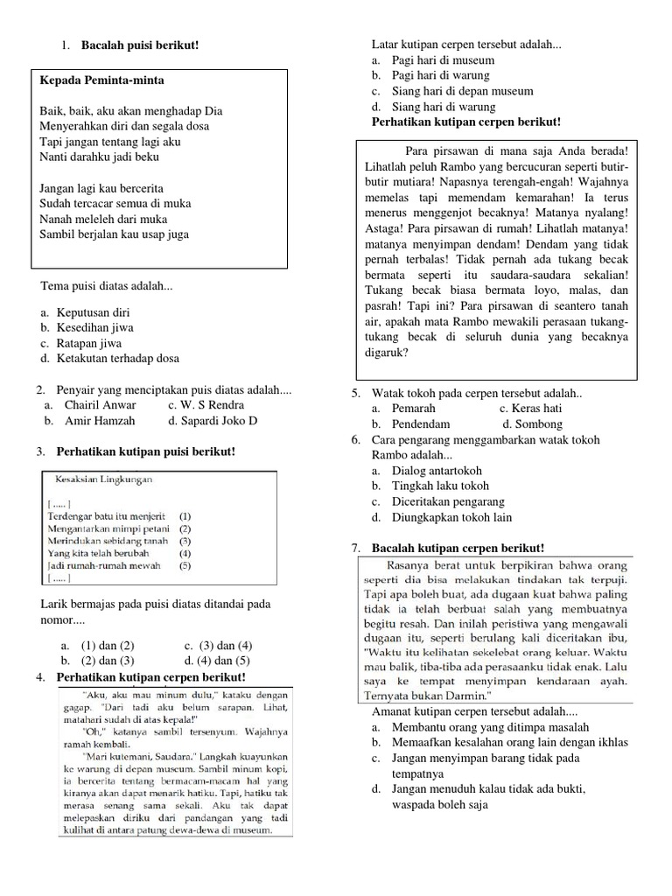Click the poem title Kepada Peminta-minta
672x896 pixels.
coord(101,80)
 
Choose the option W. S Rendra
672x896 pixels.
coord(206,405)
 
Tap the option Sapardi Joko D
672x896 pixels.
coord(213,421)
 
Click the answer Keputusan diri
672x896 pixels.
coord(93,311)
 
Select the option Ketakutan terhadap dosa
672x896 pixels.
coord(118,358)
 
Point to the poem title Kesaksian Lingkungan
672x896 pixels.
coord(104,479)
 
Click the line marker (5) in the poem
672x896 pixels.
coord(185,565)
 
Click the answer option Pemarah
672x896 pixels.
coord(414,409)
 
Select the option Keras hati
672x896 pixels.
coord(530,409)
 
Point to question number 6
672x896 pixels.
coord(356,439)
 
